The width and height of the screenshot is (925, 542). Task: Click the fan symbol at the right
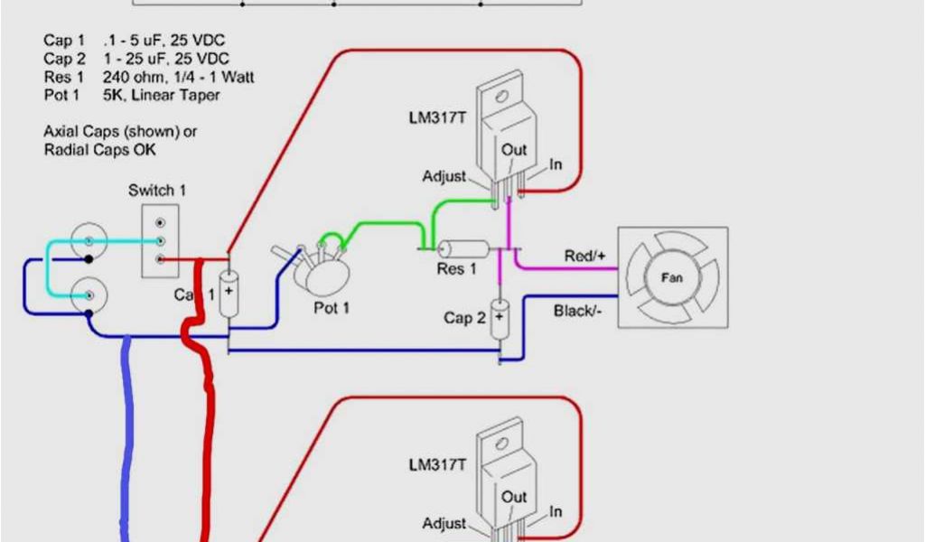point(672,277)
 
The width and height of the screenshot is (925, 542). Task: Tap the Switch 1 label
point(158,191)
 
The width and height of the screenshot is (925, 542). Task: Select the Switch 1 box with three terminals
point(159,241)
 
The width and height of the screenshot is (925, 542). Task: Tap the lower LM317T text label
point(438,464)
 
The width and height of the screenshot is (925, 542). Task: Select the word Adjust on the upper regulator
point(444,176)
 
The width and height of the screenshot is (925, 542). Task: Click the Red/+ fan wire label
point(584,257)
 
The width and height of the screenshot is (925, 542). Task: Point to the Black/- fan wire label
point(579,312)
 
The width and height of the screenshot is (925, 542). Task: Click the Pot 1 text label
point(332,308)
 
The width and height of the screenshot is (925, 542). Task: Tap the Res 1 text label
point(456,269)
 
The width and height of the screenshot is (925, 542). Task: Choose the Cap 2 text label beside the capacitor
point(465,318)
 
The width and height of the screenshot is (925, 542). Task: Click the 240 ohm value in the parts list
point(132,78)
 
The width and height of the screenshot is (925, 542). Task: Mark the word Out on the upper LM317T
point(514,151)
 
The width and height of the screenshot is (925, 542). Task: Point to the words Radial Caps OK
point(99,150)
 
